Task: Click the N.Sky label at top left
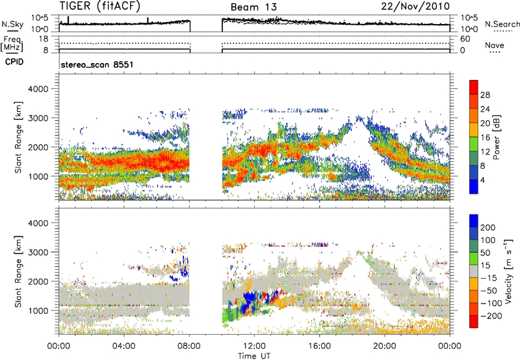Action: click(x=11, y=23)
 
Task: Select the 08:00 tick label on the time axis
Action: click(x=189, y=344)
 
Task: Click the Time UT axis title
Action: click(x=254, y=354)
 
